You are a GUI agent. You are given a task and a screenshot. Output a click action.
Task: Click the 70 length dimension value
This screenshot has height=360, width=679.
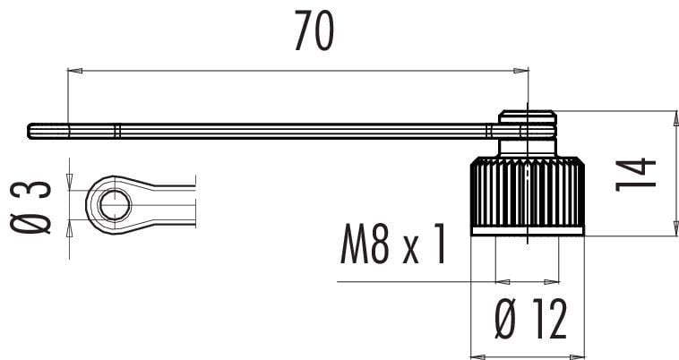(314, 30)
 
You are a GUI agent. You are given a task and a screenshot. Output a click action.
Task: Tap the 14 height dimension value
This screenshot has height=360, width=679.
(636, 175)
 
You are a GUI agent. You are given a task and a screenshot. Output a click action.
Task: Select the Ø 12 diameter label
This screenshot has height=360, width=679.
(531, 319)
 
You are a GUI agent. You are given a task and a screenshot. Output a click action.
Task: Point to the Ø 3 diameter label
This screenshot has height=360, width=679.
(30, 208)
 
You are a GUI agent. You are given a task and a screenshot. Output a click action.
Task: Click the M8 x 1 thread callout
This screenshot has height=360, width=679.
(392, 244)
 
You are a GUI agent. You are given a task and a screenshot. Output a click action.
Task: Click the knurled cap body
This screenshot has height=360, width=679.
(528, 192)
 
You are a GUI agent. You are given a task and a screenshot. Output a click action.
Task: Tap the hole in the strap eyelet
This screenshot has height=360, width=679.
(115, 204)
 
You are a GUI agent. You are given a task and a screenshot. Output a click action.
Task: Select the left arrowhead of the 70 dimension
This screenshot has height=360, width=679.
(75, 71)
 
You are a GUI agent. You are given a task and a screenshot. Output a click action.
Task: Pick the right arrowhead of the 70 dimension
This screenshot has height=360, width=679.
(521, 71)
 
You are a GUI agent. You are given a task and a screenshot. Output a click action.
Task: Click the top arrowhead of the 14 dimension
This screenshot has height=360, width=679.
(676, 118)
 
